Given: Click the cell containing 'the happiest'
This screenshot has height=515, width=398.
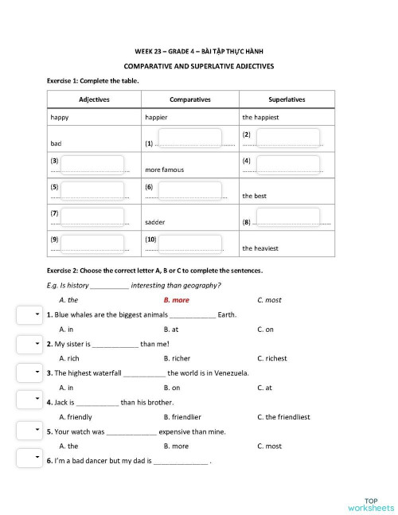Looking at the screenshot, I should [x=260, y=118].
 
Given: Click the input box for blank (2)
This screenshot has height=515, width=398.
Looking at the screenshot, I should [x=287, y=137].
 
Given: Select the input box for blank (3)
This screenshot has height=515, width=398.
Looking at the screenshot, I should [x=92, y=164].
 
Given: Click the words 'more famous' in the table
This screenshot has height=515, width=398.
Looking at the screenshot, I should [x=165, y=170].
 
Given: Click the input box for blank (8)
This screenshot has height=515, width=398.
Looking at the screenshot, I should [x=287, y=217].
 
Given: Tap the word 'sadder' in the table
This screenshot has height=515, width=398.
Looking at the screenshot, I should [x=155, y=223].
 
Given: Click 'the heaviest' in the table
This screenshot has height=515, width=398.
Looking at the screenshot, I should [x=261, y=248].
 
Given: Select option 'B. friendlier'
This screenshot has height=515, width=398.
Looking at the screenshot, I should [x=182, y=416].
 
